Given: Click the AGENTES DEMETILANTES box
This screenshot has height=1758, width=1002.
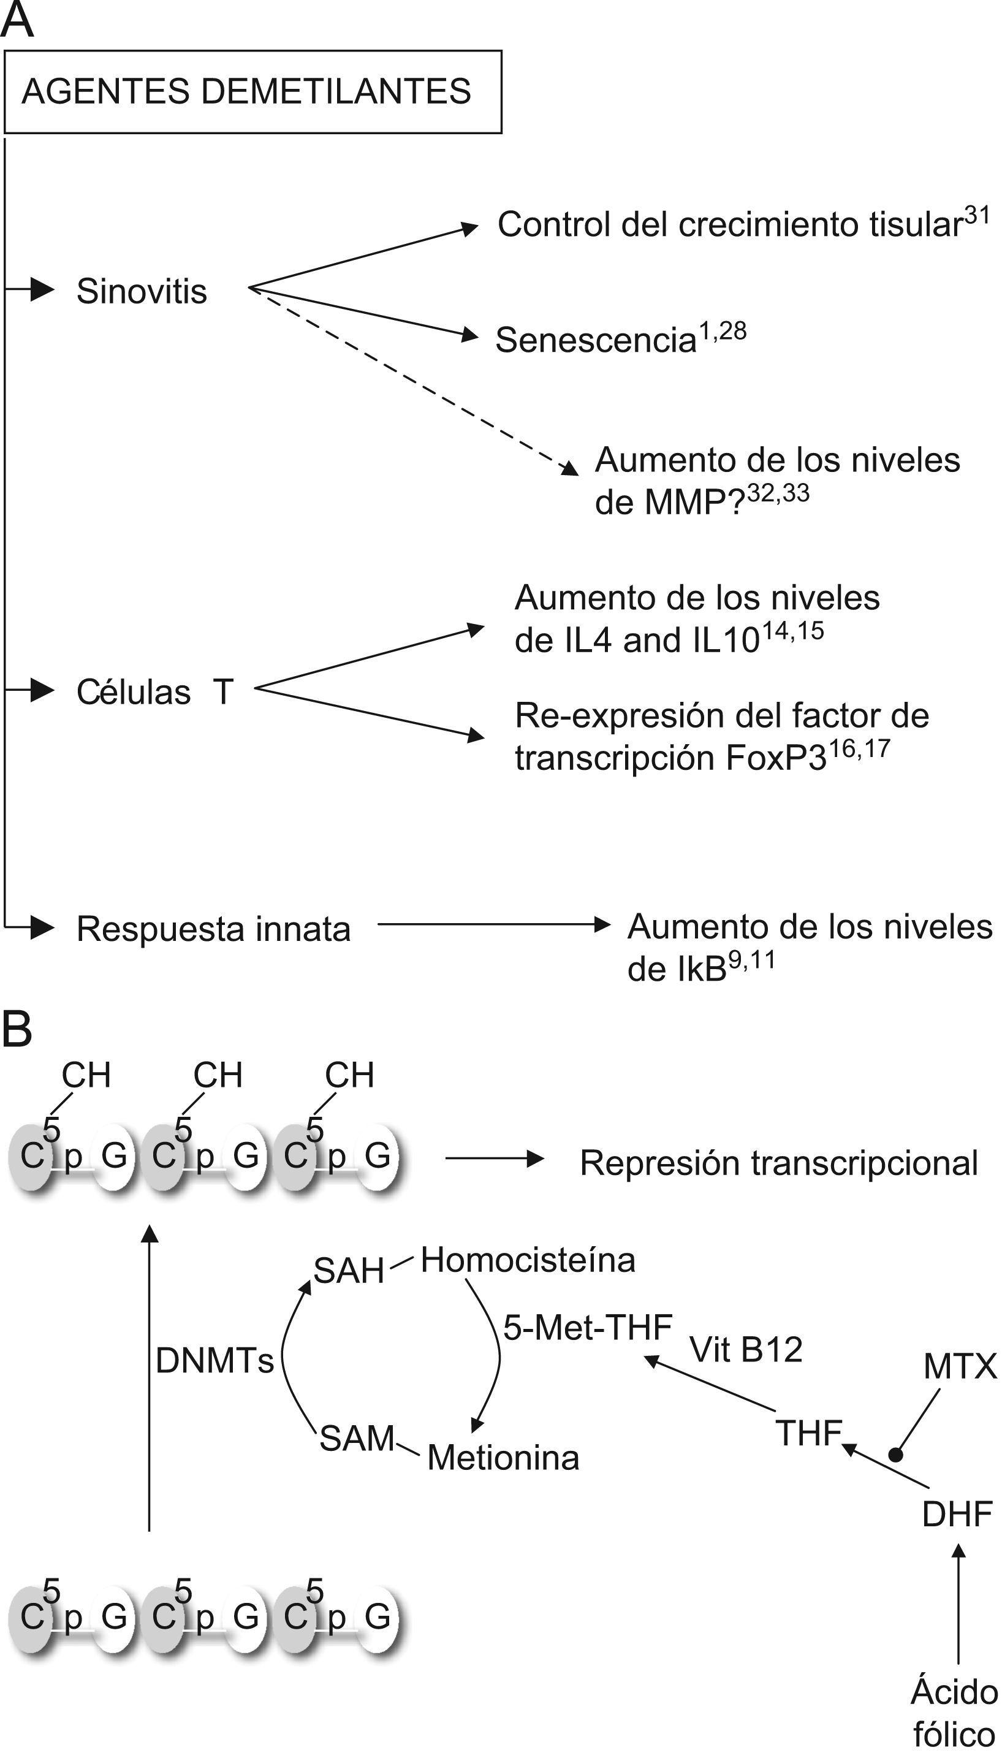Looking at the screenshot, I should tap(252, 91).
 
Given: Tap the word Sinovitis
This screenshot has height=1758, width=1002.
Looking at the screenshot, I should tap(141, 292).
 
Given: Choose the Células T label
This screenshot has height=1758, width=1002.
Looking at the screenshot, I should tap(155, 693).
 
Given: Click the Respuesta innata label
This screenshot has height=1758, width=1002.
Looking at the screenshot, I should tap(213, 929).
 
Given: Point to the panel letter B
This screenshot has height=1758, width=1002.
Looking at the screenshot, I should tap(17, 1030).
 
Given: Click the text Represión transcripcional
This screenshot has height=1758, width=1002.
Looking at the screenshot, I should tap(778, 1163).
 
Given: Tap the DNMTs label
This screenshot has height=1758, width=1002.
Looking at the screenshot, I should tap(214, 1361).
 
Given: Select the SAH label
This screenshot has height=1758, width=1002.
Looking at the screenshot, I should tap(349, 1271).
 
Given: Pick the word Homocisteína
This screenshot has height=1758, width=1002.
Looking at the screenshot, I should tap(528, 1261).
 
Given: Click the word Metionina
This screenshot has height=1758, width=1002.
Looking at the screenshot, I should tap(503, 1458).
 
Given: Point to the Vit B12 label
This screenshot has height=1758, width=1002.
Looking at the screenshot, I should tap(746, 1350).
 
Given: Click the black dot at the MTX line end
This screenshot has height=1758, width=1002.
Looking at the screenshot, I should tap(895, 1455).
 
